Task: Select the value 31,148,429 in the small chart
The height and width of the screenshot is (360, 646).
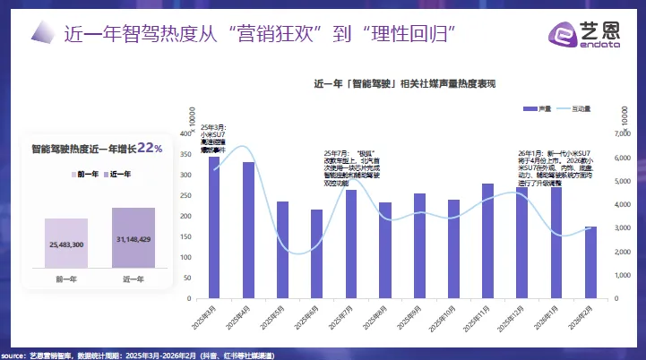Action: pos(133,238)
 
